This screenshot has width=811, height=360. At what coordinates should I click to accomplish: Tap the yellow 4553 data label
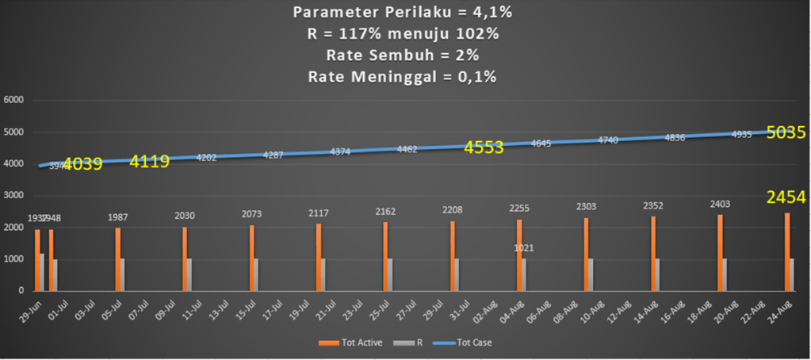pyautogui.click(x=484, y=147)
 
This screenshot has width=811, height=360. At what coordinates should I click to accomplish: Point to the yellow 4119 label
pyautogui.click(x=150, y=163)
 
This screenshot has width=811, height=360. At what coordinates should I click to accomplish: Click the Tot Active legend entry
pyautogui.click(x=348, y=343)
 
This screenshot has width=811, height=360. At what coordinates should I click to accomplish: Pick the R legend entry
pyautogui.click(x=407, y=343)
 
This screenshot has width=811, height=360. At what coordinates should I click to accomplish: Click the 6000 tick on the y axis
pyautogui.click(x=15, y=101)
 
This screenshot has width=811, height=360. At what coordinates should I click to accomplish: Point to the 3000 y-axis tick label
pyautogui.click(x=15, y=196)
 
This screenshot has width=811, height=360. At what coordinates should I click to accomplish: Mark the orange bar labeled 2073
pyautogui.click(x=251, y=258)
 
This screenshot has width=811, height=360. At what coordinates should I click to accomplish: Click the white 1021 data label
pyautogui.click(x=524, y=248)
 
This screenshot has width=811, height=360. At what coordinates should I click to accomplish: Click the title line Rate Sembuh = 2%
pyautogui.click(x=402, y=56)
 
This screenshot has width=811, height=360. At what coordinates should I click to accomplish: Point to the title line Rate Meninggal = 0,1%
pyautogui.click(x=402, y=77)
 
